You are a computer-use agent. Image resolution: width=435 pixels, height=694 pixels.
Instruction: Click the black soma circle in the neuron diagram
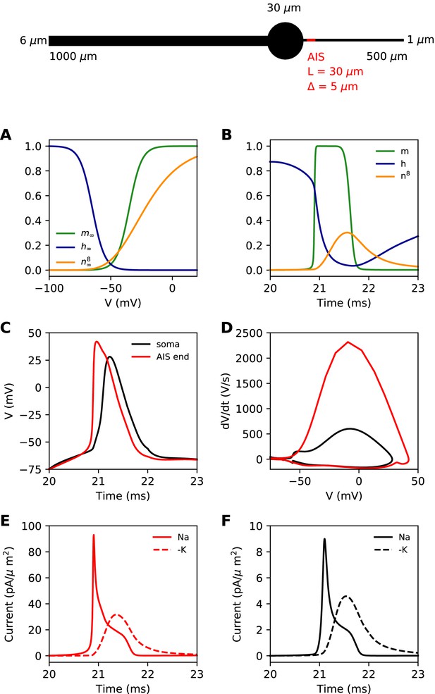tap(286, 41)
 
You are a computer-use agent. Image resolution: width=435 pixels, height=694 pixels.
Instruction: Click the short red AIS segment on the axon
tap(310, 40)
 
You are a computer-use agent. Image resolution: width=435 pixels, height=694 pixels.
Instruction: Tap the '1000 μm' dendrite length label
tap(73, 56)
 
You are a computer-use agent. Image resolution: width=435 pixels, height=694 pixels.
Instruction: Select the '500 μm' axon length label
tap(387, 56)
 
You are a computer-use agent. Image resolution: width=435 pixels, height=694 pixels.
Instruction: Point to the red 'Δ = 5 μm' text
tap(332, 86)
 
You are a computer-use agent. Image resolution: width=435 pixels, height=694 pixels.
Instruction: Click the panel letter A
tap(6, 135)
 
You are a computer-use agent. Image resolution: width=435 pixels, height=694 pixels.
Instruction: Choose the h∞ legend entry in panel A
tap(75, 247)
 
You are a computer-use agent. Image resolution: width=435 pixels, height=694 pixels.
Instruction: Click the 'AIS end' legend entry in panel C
tap(161, 357)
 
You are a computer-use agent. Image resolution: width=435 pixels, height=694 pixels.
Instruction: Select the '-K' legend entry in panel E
tap(170, 550)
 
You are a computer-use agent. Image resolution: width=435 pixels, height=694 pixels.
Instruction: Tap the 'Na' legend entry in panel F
tap(392, 538)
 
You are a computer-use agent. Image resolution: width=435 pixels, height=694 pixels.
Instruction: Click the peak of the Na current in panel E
tap(94, 535)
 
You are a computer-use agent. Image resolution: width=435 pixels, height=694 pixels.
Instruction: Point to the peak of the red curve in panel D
tap(348, 342)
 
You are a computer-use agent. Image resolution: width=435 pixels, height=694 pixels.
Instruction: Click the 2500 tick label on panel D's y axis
tap(250, 333)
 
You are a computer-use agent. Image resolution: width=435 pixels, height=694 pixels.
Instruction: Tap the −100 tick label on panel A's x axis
tap(49, 288)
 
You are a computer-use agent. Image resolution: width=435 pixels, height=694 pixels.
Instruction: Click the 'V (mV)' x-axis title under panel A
tap(123, 303)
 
